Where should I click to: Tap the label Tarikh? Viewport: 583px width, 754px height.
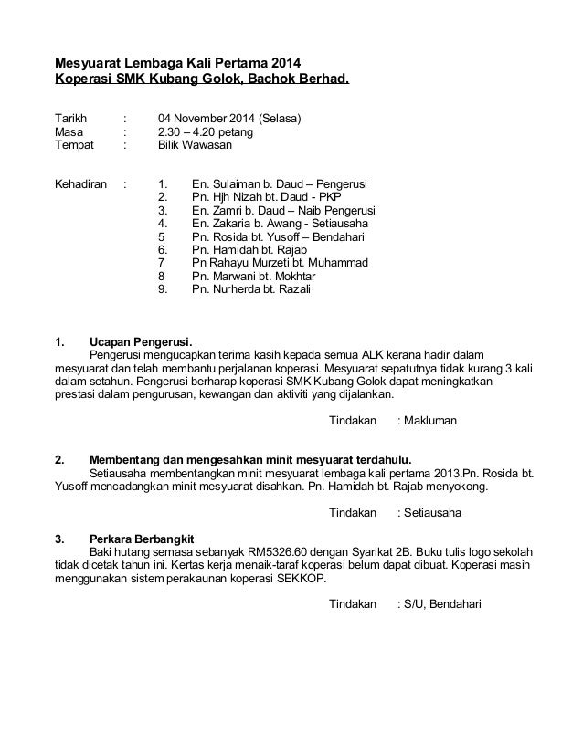tap(72, 119)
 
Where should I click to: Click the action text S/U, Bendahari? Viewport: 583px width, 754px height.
tap(442, 605)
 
